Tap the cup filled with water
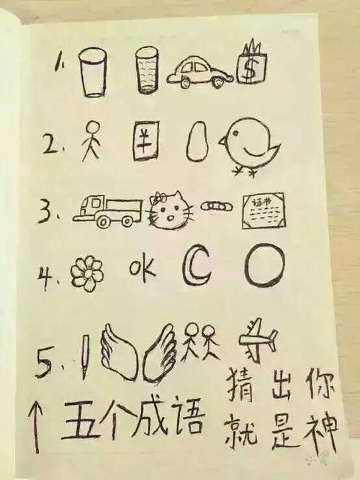pyautogui.click(x=148, y=72)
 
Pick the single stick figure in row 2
pyautogui.click(x=89, y=141)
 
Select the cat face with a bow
pyautogui.click(x=172, y=210)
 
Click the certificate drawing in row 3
pyautogui.click(x=263, y=210)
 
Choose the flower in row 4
pyautogui.click(x=87, y=274)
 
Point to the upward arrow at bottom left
pyautogui.click(x=37, y=426)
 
